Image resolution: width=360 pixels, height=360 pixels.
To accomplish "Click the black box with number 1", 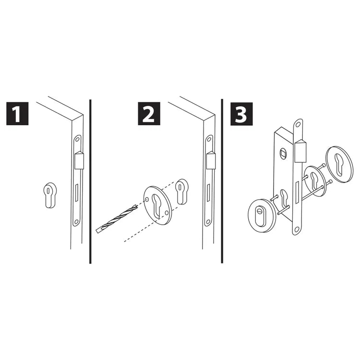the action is click(17, 114).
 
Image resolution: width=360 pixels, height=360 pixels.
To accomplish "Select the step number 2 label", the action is click(149, 114).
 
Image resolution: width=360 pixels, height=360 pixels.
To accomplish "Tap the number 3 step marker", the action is click(241, 114).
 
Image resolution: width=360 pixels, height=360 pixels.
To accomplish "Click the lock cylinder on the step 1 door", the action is click(49, 195).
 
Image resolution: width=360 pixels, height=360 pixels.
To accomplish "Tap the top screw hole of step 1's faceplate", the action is click(77, 139).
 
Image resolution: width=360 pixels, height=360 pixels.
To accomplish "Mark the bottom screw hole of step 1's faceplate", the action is click(76, 222).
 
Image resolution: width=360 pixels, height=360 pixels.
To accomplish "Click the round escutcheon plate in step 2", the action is click(157, 205).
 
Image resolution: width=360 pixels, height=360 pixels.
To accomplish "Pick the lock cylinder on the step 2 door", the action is click(181, 192).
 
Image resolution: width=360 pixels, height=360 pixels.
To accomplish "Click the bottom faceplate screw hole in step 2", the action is click(208, 222).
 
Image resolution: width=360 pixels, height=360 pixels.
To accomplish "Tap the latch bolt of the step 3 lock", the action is click(300, 151).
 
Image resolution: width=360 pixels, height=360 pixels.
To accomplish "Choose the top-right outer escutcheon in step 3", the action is click(340, 164).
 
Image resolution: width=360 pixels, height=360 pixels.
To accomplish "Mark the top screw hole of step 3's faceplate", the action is click(298, 125).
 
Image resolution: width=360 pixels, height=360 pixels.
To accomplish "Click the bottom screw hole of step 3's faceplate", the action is click(296, 229).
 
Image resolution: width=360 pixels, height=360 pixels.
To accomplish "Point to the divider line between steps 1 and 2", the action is click(90, 181).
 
